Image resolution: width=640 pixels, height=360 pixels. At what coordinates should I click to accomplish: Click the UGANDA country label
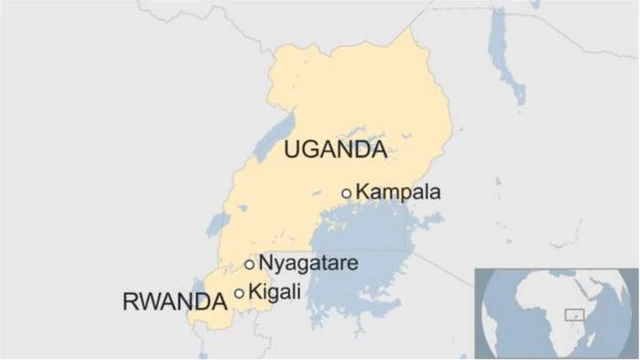[x=335, y=150]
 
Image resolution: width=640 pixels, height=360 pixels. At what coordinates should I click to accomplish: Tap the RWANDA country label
[x=171, y=301]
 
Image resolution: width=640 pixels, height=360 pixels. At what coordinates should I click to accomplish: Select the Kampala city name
[x=398, y=192]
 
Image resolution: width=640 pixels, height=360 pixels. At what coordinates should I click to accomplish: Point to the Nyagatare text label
[x=308, y=264]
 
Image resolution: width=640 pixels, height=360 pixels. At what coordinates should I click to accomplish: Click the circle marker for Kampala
[x=347, y=193]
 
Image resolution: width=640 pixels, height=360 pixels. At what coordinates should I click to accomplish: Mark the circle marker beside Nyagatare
[x=249, y=265]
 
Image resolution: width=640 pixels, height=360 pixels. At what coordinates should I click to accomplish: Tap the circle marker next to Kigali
[x=239, y=293]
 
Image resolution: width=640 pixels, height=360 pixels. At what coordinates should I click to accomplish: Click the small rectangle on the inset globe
[x=574, y=314]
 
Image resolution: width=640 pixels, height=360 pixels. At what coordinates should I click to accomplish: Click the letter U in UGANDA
[x=292, y=150]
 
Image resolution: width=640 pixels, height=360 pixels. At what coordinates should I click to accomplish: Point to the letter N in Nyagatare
[x=265, y=264]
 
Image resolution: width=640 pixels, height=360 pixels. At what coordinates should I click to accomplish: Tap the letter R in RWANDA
[x=127, y=301]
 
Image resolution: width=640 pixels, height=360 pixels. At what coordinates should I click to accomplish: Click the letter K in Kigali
[x=254, y=292]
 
